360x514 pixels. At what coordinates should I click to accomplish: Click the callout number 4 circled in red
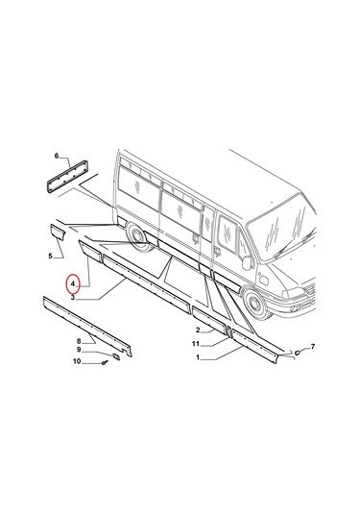pos(70,285)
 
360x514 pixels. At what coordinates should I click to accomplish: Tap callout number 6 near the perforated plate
pos(56,156)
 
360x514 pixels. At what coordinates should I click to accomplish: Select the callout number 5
pos(50,256)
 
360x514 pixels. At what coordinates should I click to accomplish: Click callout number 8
pos(79,341)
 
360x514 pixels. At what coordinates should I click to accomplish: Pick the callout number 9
pos(79,351)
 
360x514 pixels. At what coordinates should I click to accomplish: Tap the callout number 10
pos(78,361)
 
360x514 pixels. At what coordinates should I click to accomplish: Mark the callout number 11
pos(195,344)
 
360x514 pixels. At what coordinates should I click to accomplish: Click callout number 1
pos(198,357)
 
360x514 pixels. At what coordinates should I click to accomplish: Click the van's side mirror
pos(248,260)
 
